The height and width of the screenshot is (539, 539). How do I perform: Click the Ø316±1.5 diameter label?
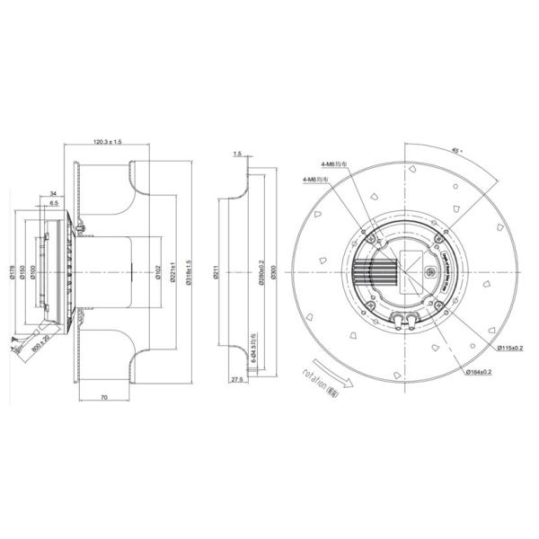click(188, 272)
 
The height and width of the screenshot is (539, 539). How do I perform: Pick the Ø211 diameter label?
click(217, 272)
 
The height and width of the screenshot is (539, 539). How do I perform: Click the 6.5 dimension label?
click(53, 204)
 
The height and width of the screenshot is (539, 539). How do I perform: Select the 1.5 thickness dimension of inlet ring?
click(236, 155)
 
